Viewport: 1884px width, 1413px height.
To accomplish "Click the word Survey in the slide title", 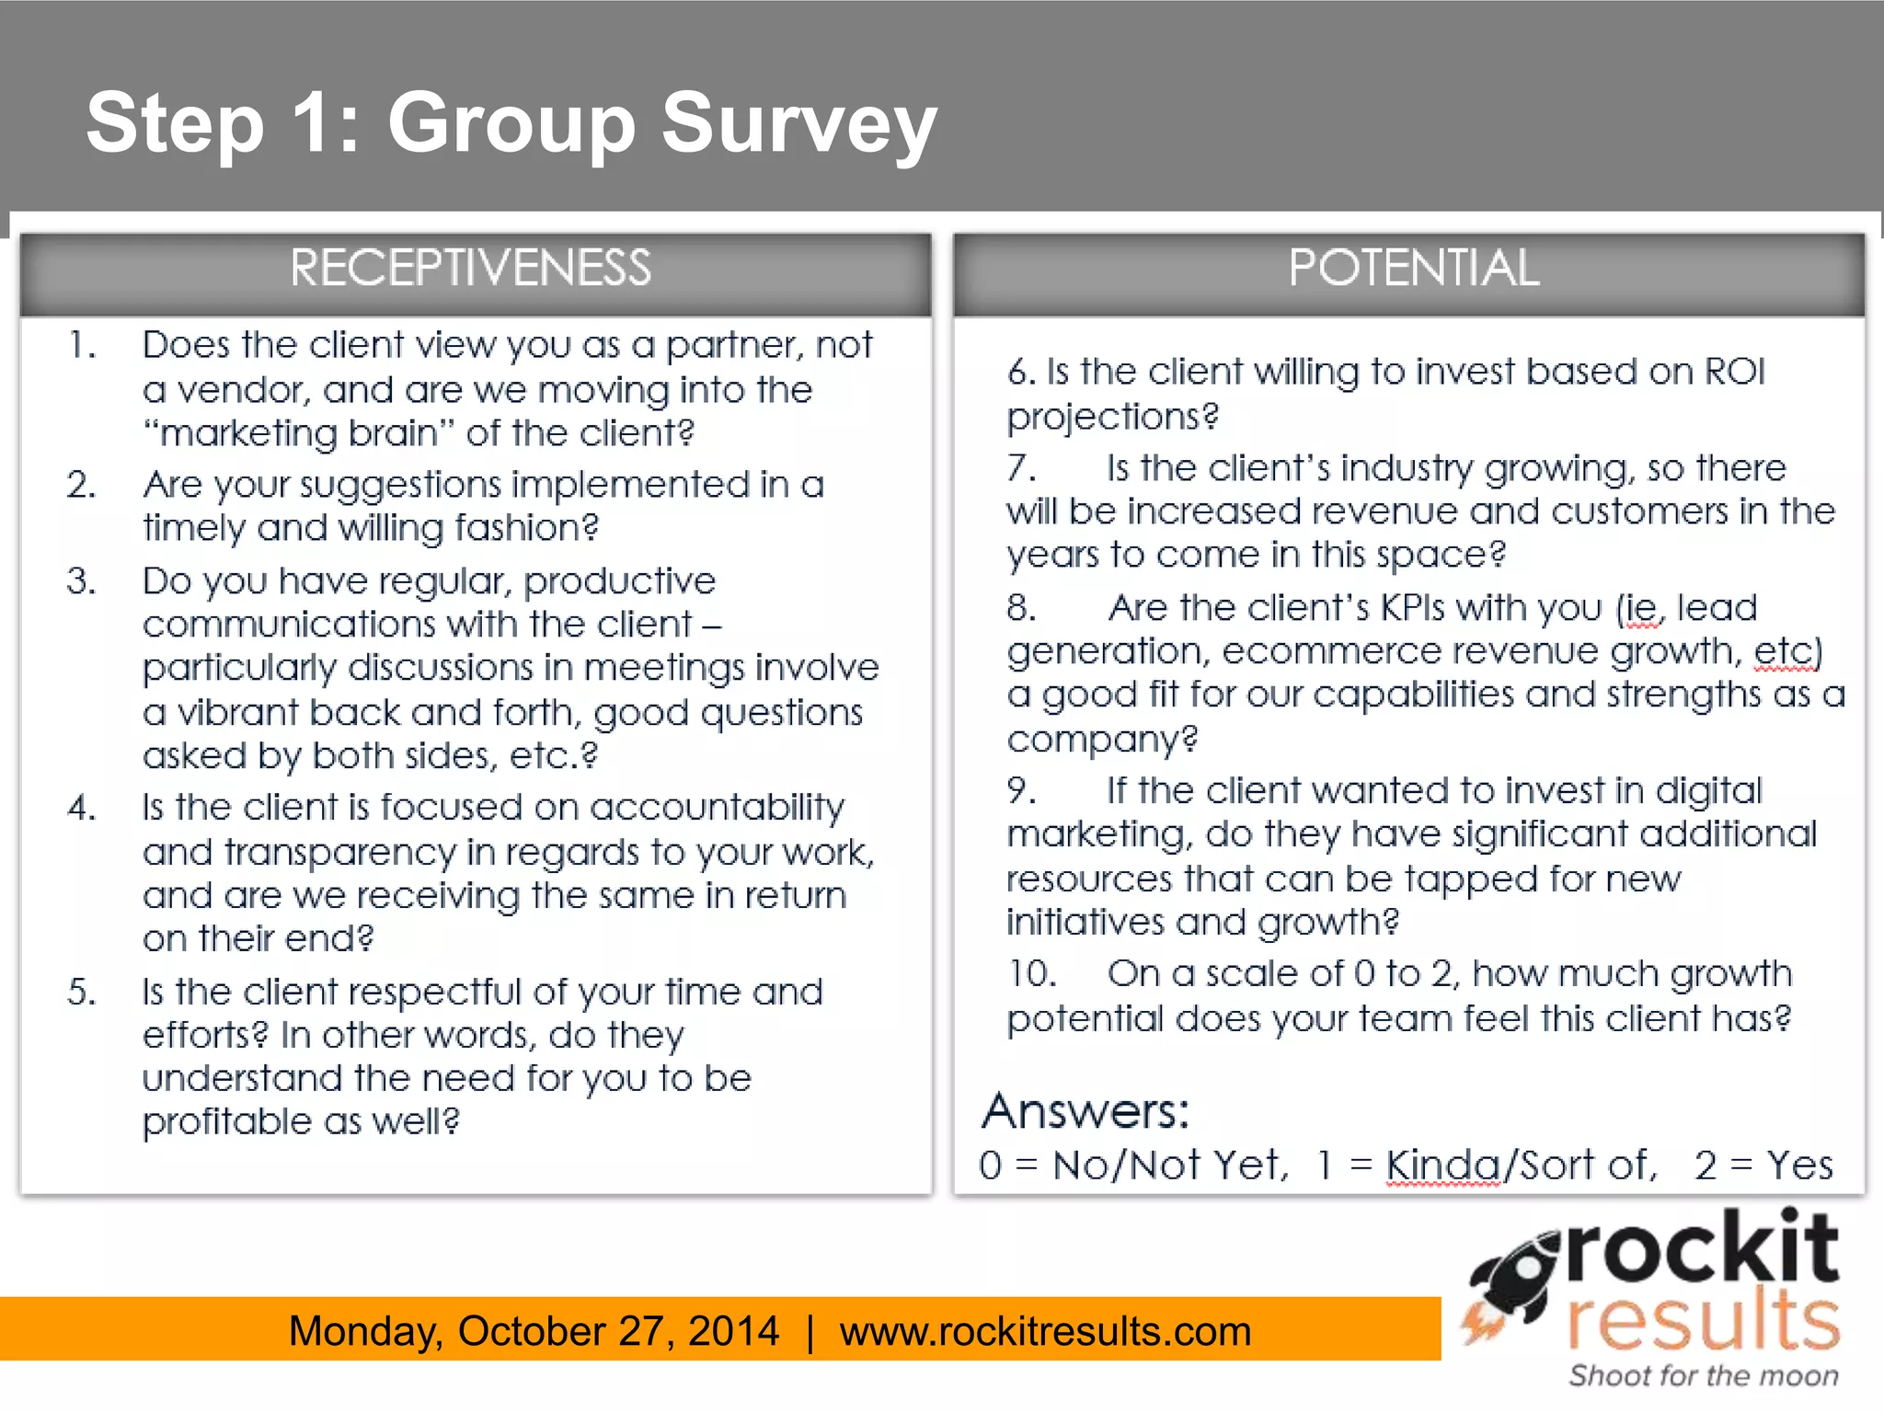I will coord(798,124).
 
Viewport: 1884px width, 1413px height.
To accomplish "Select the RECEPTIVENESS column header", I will coord(471,269).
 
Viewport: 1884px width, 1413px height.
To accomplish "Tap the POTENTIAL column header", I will coord(1413,269).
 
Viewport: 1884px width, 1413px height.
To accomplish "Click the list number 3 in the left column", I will coord(81,581).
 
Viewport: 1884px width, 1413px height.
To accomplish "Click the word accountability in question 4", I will coord(717,808).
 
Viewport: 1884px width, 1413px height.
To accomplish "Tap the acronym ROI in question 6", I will coord(1735,372).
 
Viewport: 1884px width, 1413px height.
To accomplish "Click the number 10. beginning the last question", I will coord(1031,974).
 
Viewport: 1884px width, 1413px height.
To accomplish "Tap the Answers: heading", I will coord(1086,1111).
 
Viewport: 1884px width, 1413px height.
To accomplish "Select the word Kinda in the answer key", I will coord(1442,1166).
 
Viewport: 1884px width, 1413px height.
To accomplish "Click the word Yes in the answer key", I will coord(1799,1166).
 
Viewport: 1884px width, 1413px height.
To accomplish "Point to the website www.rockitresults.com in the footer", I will coord(1045,1331).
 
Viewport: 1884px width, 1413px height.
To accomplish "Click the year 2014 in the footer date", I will coord(733,1331).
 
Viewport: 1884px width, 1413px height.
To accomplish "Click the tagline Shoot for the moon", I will coord(1704,1376).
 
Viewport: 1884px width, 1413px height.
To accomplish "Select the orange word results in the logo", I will coord(1704,1321).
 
